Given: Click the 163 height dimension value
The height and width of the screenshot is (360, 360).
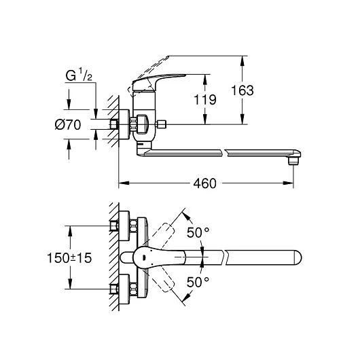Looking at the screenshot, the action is pos(242,90).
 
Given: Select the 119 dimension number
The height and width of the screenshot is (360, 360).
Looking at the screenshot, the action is pos(205,100).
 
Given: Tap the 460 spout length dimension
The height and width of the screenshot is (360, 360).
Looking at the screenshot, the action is pos(205,183).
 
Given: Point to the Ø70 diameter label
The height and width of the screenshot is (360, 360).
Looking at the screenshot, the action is pos(68,125).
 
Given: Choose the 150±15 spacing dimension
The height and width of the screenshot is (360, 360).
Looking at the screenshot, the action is pos(69,258).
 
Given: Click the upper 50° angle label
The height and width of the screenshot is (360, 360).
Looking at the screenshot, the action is pos(198,232).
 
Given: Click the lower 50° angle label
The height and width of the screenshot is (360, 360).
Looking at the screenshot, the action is pos(198,282).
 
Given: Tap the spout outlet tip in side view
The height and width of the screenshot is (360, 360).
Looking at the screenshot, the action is pos(294,161).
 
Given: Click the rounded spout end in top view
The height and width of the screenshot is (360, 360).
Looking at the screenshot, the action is pos(298,257).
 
